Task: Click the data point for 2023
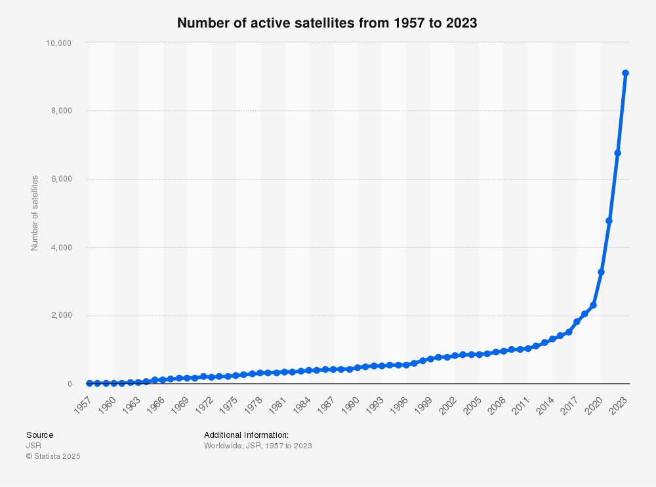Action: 626,73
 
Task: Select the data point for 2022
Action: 617,153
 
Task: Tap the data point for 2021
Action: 609,221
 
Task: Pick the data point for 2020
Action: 601,272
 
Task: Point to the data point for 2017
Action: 577,322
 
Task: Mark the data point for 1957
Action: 90,383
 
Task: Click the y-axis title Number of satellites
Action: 35,213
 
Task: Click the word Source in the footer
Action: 39,435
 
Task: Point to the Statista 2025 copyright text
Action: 53,456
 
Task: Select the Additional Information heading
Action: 246,435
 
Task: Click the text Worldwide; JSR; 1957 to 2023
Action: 258,446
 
